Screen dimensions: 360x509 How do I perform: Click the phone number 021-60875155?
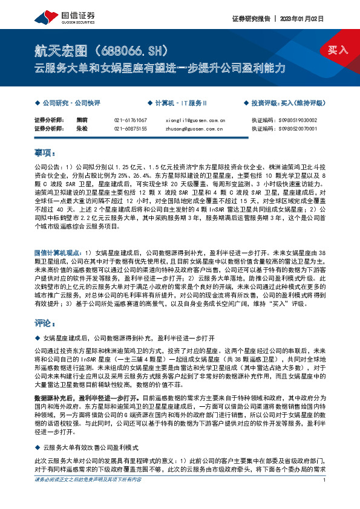(x=130, y=129)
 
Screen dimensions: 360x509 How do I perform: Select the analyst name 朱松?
(x=82, y=129)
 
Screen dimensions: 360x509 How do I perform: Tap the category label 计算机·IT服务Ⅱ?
(x=181, y=103)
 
